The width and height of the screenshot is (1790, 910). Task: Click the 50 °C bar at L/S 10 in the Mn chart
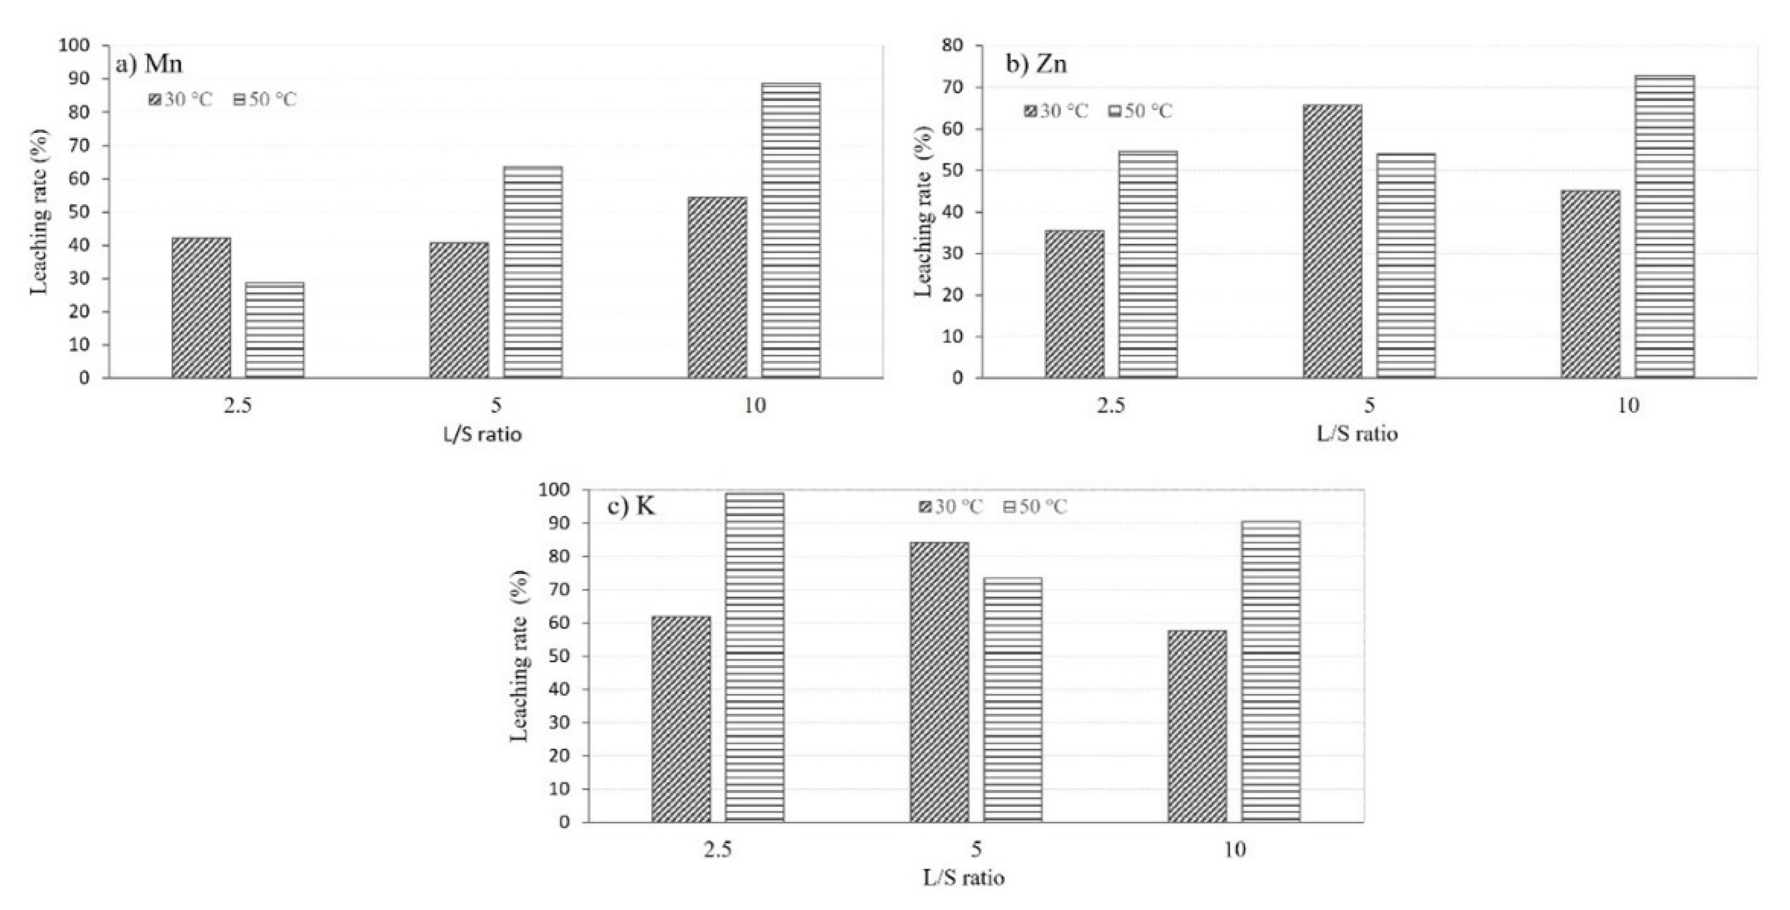(790, 230)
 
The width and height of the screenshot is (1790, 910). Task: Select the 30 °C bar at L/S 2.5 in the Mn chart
(202, 308)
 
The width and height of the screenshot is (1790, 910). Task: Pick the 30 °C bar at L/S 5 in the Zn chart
(1332, 241)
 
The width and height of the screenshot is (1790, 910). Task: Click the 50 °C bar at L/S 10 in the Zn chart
(1664, 227)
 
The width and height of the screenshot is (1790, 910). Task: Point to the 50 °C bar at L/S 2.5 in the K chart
(755, 657)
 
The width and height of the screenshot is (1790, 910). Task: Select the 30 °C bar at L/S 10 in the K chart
(1197, 726)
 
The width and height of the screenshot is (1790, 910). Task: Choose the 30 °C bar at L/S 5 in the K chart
(940, 682)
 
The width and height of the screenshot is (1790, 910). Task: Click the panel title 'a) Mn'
(150, 65)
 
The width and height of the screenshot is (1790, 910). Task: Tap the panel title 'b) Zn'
(1037, 64)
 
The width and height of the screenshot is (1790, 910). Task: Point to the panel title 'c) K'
(631, 507)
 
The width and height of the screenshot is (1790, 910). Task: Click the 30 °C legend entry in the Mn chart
(181, 100)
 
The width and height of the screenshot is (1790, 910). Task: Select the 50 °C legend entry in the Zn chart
(1139, 111)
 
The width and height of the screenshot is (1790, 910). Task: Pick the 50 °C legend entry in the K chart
(1035, 507)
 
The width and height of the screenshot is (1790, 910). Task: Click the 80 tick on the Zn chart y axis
(953, 46)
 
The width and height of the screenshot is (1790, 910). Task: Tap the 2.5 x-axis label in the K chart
(718, 850)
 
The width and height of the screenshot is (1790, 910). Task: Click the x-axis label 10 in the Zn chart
(1629, 406)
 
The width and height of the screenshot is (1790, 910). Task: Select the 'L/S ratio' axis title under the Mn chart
(482, 435)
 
